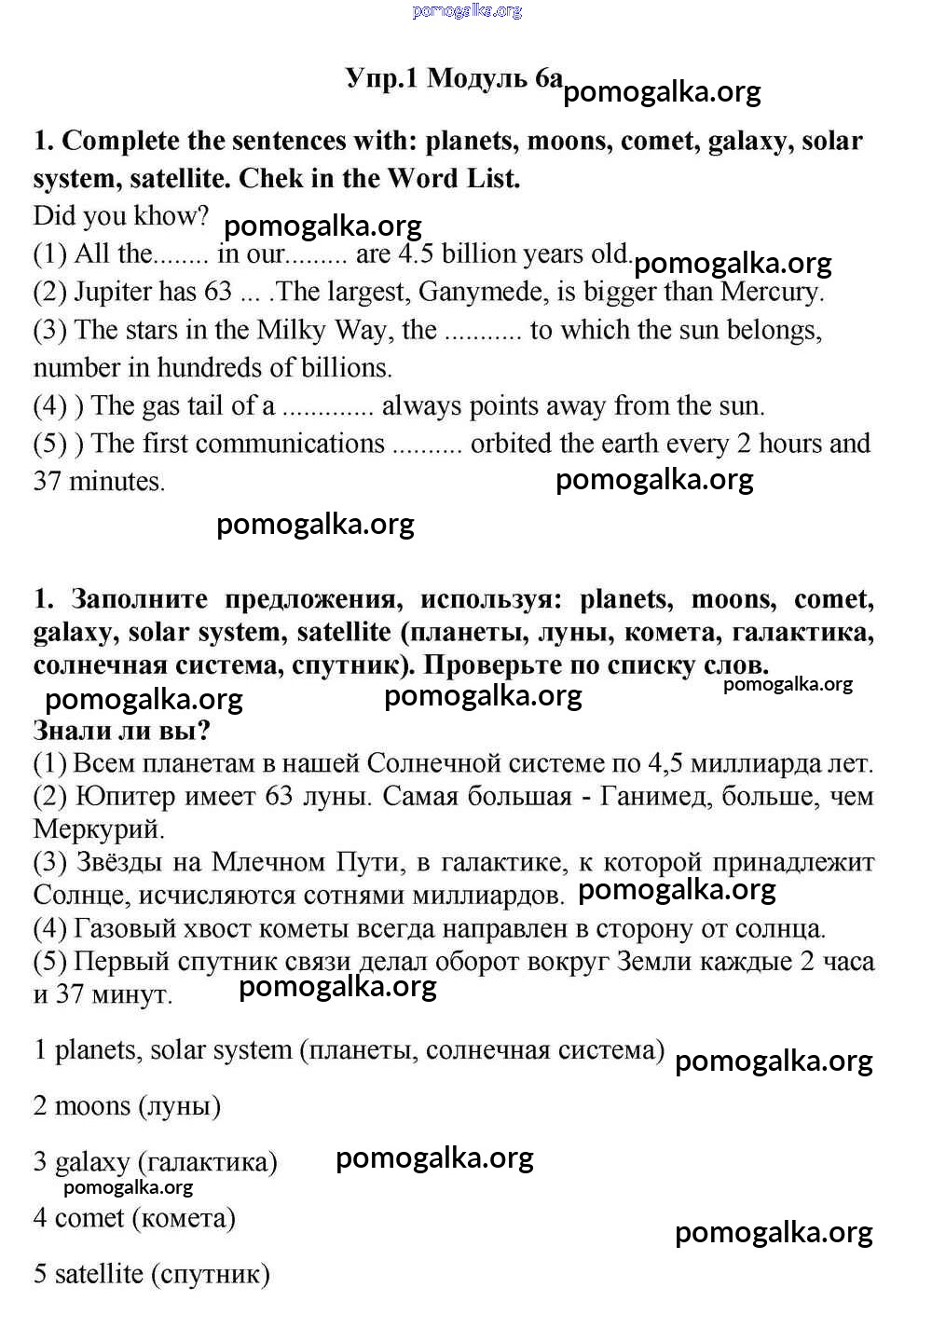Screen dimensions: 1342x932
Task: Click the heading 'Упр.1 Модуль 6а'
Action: pyautogui.click(x=454, y=78)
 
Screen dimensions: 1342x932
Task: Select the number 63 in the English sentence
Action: pyautogui.click(x=217, y=292)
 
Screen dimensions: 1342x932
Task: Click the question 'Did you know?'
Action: pyautogui.click(x=121, y=215)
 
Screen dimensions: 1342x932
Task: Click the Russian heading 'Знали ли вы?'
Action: pyautogui.click(x=121, y=730)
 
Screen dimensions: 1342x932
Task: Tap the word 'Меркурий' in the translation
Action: pyautogui.click(x=99, y=828)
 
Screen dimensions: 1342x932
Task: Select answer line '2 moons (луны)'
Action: pyautogui.click(x=128, y=1106)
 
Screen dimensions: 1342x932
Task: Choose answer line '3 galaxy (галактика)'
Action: pyautogui.click(x=156, y=1162)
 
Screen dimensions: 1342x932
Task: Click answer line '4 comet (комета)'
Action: pyautogui.click(x=134, y=1218)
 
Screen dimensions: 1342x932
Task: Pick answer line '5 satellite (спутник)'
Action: pyautogui.click(x=152, y=1274)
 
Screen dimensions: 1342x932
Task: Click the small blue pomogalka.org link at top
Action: pyautogui.click(x=466, y=11)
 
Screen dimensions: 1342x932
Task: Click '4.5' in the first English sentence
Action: pyautogui.click(x=416, y=253)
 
